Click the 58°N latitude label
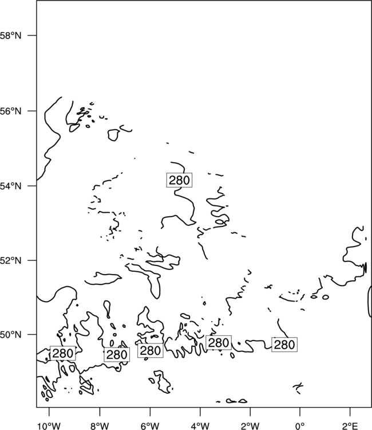[x=11, y=36]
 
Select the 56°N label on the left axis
[x=11, y=111]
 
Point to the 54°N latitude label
[x=11, y=186]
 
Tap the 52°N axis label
[x=11, y=260]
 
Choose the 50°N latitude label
[x=11, y=335]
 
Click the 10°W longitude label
[x=49, y=426]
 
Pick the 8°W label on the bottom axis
[x=100, y=426]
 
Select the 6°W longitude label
[x=150, y=426]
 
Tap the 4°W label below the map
[x=200, y=426]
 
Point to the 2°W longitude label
[x=250, y=426]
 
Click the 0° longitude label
[x=300, y=426]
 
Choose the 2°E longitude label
[x=350, y=426]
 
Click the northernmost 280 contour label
[x=179, y=180]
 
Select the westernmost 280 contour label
[x=63, y=353]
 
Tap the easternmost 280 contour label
[x=284, y=345]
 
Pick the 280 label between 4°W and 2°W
[x=219, y=342]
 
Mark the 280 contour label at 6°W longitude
[x=151, y=350]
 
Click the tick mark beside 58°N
[x=32, y=36]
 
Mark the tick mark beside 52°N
[x=32, y=260]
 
